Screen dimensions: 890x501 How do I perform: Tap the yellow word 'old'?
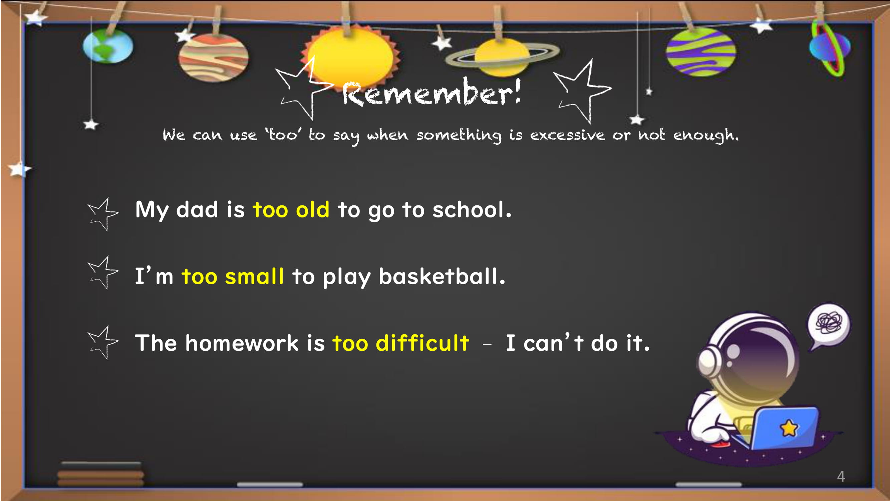[313, 209]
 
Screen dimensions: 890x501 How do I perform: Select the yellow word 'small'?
[254, 276]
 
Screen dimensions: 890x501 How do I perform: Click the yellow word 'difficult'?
[422, 343]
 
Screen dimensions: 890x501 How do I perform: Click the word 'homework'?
[242, 343]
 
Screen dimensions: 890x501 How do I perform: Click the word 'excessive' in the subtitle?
[567, 135]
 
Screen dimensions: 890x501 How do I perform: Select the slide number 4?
[841, 477]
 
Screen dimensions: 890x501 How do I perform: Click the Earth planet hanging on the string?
[108, 46]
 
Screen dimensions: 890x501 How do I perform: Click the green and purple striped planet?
[701, 52]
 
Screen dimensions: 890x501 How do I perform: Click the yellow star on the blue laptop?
[789, 428]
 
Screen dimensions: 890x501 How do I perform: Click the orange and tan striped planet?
[214, 57]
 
